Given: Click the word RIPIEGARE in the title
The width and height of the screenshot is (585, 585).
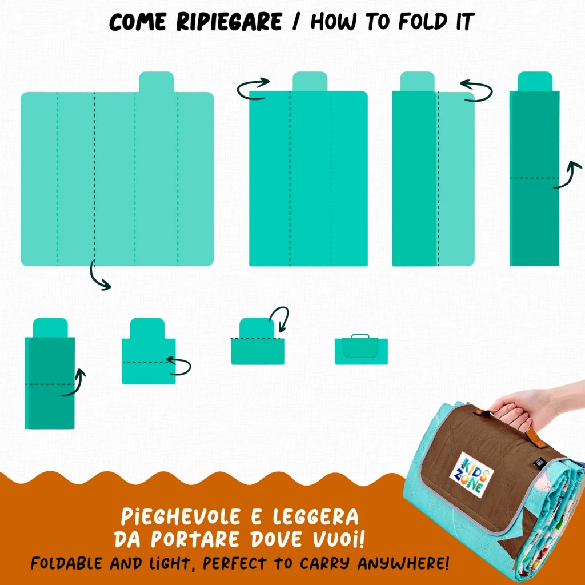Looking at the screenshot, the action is click(x=229, y=22).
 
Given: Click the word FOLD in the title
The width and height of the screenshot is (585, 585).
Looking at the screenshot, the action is click(x=423, y=22).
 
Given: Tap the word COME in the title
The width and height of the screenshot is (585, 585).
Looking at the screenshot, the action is click(x=138, y=22).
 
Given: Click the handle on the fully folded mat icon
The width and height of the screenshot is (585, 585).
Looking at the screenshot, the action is click(x=360, y=336).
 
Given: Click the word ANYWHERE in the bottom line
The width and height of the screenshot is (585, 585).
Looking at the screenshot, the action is click(x=403, y=563).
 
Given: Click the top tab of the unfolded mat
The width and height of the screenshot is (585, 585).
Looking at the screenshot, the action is click(x=157, y=82).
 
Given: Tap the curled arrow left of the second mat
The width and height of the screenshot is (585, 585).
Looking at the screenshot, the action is click(x=252, y=89).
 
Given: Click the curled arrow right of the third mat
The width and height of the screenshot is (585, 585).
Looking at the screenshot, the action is click(x=478, y=91).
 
